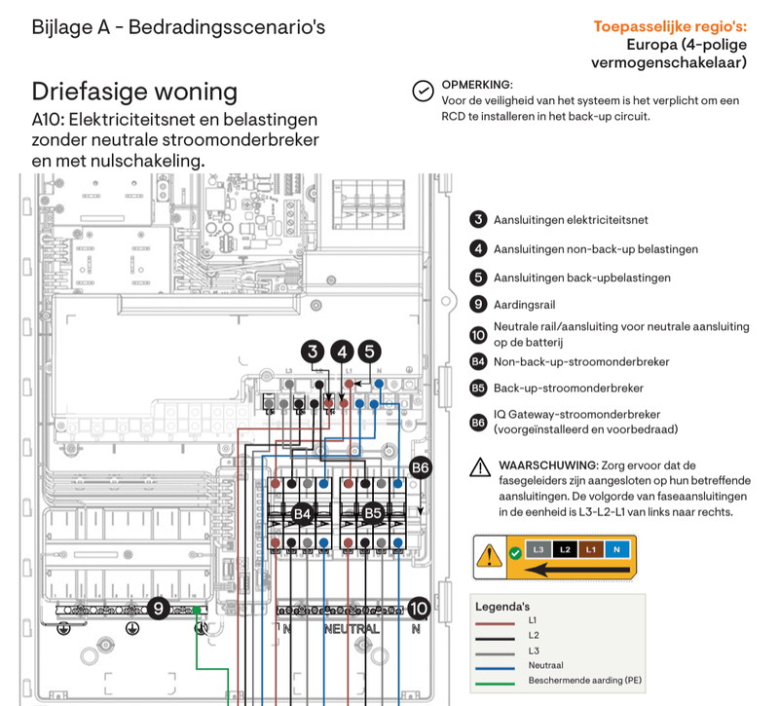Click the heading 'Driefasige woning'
point(134,92)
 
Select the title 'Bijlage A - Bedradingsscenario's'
point(178,27)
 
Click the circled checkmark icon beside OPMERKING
point(423,91)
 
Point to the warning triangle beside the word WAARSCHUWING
point(480,467)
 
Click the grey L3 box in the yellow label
point(538,550)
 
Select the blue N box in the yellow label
point(615,550)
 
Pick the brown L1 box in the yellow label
point(590,550)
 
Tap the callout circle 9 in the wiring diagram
point(161,609)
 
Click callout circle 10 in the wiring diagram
point(419,609)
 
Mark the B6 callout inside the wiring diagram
point(420,468)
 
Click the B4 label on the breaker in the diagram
point(303,512)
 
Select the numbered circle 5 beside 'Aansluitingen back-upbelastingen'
point(478,278)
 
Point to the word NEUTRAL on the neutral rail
point(352,629)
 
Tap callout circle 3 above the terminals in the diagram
point(313,353)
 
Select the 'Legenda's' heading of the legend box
point(502,605)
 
